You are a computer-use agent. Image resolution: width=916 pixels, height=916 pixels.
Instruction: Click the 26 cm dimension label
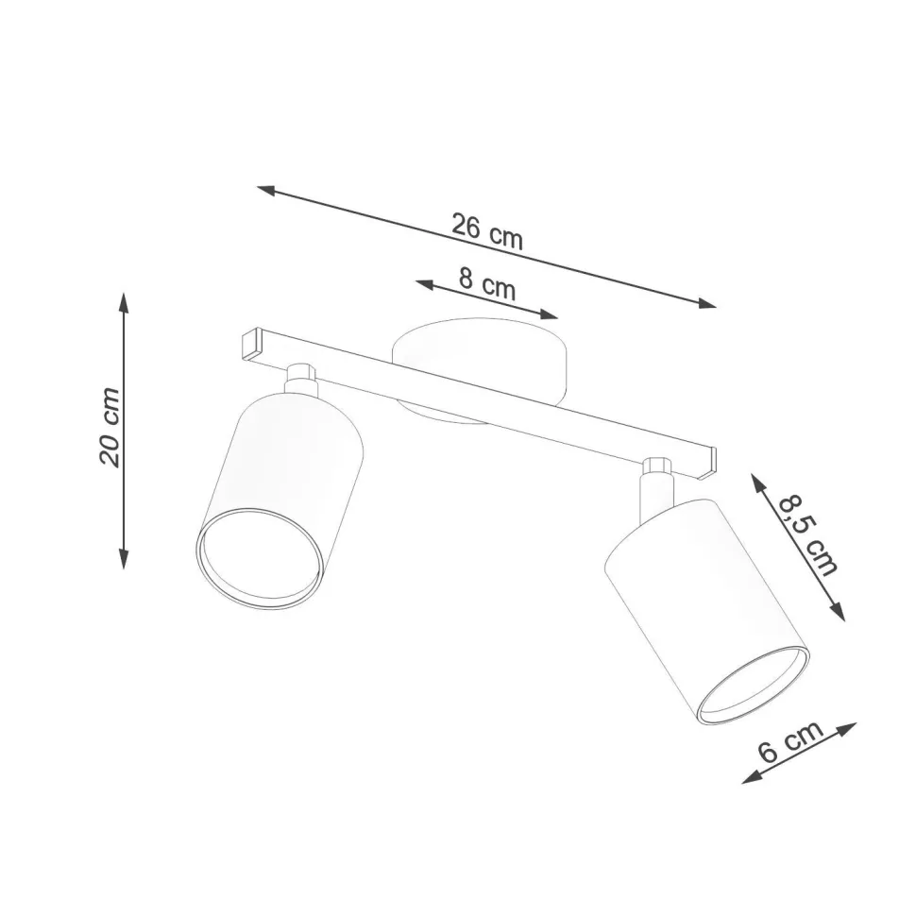pos(486,232)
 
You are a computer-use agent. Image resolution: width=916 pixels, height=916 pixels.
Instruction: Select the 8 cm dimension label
pos(487,282)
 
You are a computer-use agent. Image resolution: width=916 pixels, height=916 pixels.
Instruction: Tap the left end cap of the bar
pos(250,342)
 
